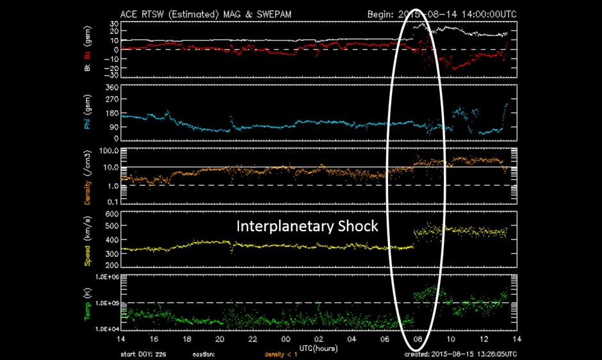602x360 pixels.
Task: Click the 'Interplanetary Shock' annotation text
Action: click(x=307, y=226)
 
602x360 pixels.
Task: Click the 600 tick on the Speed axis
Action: click(x=113, y=214)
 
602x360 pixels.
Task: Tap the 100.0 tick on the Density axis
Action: click(x=110, y=151)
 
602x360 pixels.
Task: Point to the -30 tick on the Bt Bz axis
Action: click(x=113, y=75)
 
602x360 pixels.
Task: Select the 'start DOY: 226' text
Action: click(x=145, y=354)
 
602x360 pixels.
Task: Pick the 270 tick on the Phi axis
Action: click(x=113, y=100)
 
